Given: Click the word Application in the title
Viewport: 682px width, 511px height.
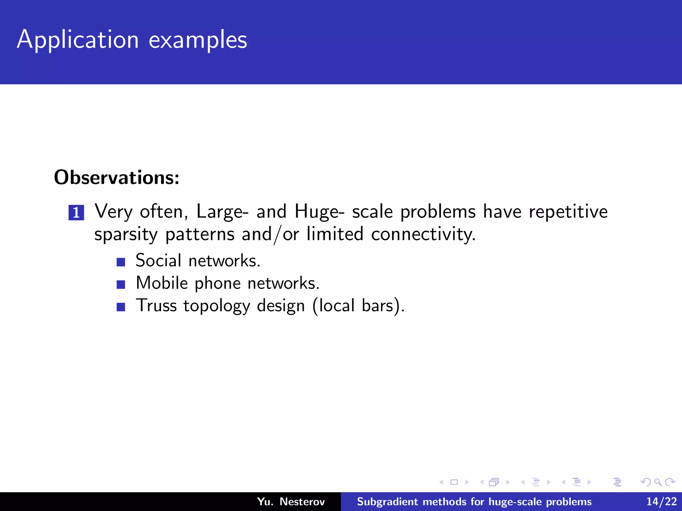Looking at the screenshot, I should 78,40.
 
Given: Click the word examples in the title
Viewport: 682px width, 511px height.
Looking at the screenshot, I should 198,40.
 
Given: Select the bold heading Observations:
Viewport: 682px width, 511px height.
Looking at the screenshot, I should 117,177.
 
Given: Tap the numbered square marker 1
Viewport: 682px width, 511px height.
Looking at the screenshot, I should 76,213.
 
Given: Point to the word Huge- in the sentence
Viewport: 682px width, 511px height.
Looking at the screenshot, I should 319,212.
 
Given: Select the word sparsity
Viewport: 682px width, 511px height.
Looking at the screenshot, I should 126,235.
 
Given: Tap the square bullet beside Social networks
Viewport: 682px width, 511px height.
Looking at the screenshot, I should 121,262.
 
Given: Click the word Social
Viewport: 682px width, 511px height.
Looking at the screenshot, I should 159,260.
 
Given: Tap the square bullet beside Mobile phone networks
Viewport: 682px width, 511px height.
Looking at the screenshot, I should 121,284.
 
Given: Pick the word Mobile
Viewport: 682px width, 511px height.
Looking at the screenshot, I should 162,283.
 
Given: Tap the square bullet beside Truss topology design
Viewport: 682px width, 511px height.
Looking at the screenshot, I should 121,307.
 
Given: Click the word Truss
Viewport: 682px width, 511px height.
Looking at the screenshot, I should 156,305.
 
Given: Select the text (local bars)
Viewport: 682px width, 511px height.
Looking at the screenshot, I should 358,305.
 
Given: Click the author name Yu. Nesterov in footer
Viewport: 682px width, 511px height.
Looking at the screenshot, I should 291,502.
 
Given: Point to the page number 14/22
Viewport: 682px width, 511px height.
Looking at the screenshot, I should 661,502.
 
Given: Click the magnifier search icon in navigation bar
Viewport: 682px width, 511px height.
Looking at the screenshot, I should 658,482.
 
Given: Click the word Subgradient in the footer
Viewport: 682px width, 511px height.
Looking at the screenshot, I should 387,502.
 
